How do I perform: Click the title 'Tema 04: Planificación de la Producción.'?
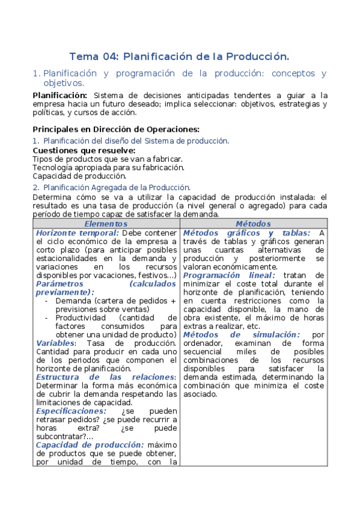179,57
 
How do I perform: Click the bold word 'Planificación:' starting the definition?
59,95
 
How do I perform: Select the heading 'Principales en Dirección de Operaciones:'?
115,129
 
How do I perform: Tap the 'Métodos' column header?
253,224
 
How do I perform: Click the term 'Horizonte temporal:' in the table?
78,233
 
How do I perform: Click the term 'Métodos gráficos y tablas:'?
246,233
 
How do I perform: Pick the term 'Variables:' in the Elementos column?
55,343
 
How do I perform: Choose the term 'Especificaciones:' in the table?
75,411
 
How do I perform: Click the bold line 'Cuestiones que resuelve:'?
84,150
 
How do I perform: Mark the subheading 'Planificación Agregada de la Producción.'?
117,187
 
